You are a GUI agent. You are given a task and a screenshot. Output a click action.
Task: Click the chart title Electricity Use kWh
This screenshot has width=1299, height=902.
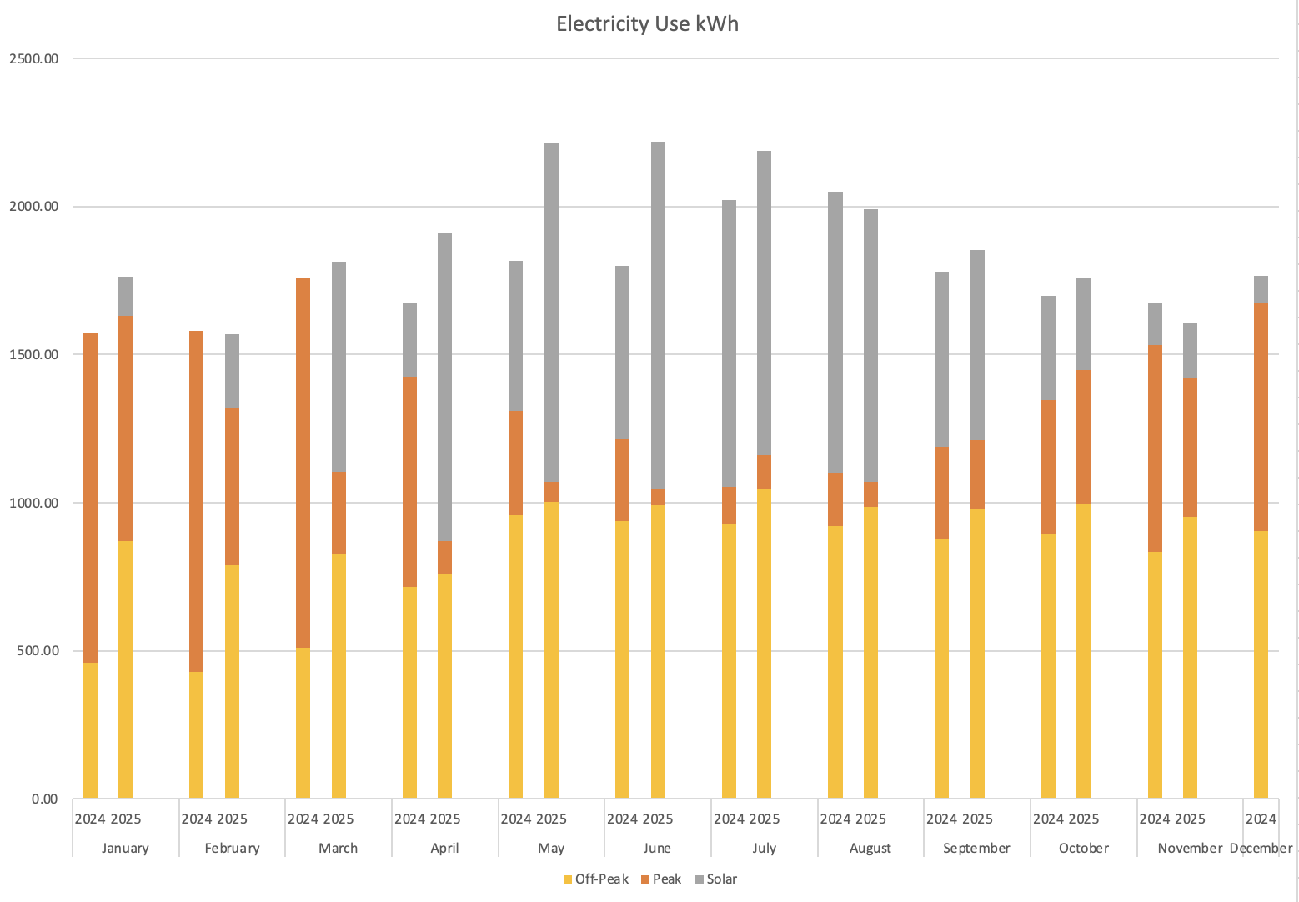point(647,23)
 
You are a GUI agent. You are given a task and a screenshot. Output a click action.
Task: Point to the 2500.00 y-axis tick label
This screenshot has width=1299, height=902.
point(34,58)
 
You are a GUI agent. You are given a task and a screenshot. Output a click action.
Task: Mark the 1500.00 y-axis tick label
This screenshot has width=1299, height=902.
point(34,354)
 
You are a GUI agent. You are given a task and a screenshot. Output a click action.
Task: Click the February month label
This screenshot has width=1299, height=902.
point(232,849)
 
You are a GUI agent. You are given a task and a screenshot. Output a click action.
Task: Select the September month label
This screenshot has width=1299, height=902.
point(976,849)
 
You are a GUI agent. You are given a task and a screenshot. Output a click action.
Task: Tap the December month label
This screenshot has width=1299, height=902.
point(1261,849)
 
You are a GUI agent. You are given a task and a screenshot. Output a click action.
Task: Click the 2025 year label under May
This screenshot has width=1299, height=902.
point(551,819)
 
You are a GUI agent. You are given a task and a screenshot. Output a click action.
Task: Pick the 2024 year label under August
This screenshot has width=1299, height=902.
point(835,819)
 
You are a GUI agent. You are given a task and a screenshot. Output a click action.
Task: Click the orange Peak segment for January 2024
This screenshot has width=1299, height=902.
point(90,497)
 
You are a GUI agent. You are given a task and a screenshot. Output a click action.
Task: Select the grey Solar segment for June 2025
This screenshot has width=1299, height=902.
point(658,315)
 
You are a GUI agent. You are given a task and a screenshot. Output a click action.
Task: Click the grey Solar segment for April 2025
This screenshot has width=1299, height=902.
point(444,387)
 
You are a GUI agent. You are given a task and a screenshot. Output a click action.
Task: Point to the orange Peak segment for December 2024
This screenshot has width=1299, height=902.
point(1261,417)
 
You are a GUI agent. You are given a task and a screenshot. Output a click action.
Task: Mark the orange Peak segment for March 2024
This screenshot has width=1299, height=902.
point(303,463)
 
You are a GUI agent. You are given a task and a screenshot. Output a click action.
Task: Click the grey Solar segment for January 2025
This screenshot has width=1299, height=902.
point(125,297)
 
